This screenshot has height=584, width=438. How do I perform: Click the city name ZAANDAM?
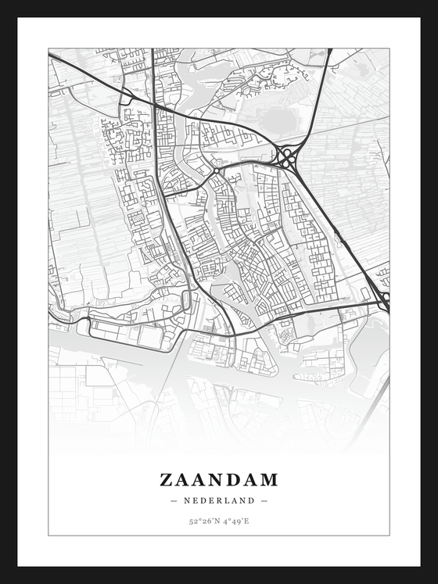[219, 479]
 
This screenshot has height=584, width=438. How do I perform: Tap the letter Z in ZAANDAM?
[167, 479]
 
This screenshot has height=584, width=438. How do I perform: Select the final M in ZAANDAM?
[268, 479]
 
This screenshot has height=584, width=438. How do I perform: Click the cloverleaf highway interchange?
[287, 158]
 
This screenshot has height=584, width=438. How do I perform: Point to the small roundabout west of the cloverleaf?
[217, 170]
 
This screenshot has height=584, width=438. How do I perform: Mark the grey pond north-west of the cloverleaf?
[275, 119]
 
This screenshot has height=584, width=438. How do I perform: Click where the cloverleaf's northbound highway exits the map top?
[330, 50]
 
